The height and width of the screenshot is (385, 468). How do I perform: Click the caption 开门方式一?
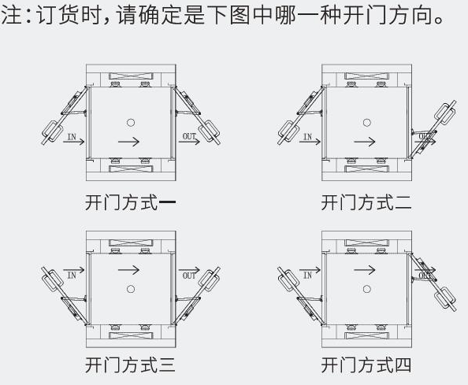130,203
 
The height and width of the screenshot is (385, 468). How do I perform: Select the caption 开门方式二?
366,203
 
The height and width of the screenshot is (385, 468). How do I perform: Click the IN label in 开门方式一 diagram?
72,137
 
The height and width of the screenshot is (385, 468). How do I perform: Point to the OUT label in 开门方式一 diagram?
190,137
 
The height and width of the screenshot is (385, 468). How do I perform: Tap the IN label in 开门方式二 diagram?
308,137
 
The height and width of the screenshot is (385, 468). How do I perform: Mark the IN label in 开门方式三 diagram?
72,275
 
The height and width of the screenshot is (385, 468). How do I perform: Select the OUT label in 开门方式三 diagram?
190,275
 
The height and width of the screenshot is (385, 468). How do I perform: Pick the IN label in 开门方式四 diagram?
308,275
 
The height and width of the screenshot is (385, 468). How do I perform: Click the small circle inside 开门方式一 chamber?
131,122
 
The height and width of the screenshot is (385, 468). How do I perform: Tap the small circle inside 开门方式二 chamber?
366,122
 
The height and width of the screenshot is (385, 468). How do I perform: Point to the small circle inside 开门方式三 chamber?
131,289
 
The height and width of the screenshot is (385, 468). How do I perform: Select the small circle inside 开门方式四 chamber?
366,289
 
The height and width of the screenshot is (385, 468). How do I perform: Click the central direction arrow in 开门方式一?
131,142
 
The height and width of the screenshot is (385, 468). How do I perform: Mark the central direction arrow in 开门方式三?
131,269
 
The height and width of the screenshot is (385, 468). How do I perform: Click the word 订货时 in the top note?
66,16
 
